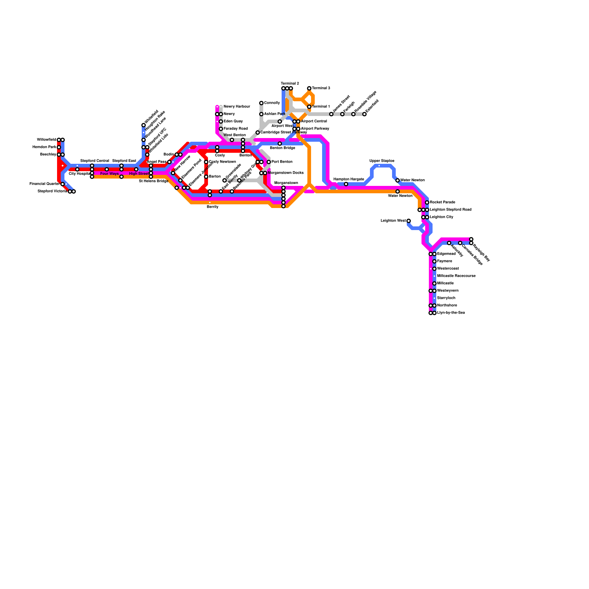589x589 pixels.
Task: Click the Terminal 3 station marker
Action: [x=309, y=88]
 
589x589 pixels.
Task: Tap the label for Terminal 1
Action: [x=321, y=107]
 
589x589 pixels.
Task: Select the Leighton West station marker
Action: [x=409, y=221]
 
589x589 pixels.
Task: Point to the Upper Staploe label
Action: [x=382, y=161]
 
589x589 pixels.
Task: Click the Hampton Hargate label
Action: [x=349, y=179]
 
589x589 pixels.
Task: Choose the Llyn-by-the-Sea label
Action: [x=451, y=313]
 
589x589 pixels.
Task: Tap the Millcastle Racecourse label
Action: [x=456, y=276]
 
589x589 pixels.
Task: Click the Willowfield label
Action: [x=46, y=140]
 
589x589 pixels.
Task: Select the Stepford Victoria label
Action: [x=52, y=191]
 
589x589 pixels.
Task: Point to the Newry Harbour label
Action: [x=237, y=107]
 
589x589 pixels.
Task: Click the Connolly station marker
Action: [x=261, y=103]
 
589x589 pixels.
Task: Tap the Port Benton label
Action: [x=282, y=162]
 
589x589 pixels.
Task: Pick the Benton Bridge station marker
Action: [x=280, y=144]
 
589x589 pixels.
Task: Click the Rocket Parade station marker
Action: [x=427, y=202]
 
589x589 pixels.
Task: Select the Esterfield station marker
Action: [x=364, y=114]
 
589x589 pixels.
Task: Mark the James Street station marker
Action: [x=331, y=114]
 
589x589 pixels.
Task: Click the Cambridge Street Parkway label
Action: [x=283, y=133]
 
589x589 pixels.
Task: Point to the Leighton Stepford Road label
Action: [x=451, y=210]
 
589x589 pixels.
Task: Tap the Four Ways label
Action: [x=109, y=174]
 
